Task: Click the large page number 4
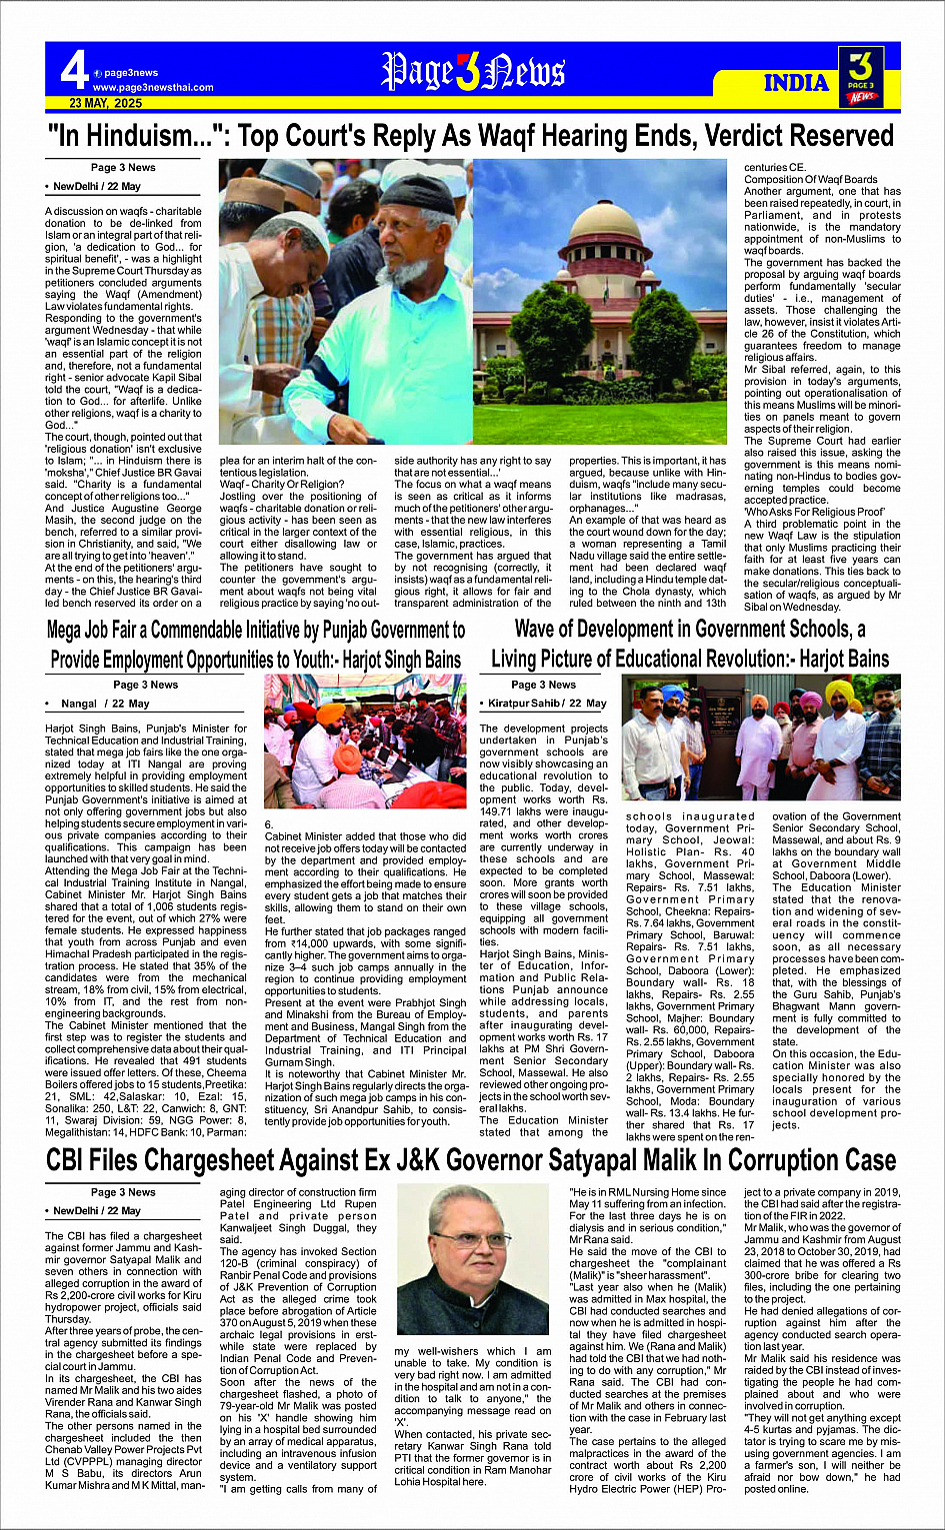click(74, 71)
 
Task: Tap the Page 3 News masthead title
click(473, 72)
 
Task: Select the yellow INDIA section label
click(796, 83)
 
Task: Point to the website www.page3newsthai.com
click(153, 87)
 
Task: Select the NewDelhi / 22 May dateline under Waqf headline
click(97, 187)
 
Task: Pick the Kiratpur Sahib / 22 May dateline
click(547, 704)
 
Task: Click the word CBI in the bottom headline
click(79, 1160)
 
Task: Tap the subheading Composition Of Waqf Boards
click(810, 180)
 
